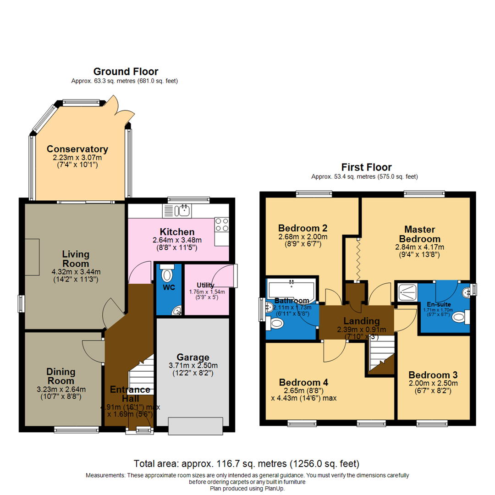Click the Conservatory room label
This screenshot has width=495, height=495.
(77, 149)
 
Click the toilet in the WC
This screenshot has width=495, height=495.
(168, 275)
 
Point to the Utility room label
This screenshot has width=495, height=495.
(205, 285)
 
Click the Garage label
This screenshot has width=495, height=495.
(194, 357)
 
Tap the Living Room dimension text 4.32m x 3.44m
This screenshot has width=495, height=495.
(76, 271)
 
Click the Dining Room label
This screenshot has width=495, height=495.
(61, 376)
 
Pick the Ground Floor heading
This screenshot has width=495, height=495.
(126, 71)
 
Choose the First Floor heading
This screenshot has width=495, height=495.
(366, 167)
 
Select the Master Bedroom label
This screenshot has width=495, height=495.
(419, 234)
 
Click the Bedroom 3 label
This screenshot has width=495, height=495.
(433, 374)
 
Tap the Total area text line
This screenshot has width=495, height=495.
(247, 463)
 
